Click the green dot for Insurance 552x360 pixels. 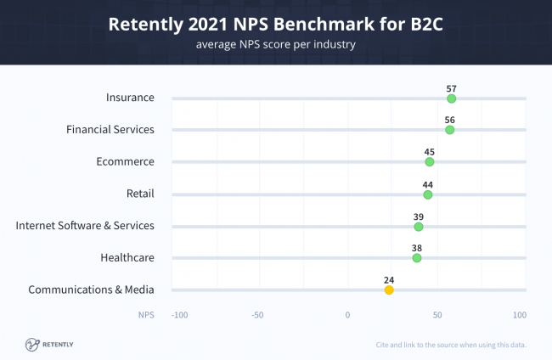coord(451,98)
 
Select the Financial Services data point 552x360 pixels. coord(449,130)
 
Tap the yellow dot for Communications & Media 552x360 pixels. coord(389,290)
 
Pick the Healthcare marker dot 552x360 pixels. coord(416,258)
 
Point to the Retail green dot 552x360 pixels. coord(427,194)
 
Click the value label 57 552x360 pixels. coord(451,87)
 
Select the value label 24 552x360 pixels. coord(389,278)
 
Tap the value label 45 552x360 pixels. coord(429,151)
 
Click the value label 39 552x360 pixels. coord(418,216)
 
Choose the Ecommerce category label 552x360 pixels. coord(126,161)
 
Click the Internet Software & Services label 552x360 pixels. coord(85,225)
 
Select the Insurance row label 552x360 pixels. coord(130,97)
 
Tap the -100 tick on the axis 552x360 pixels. coord(179,315)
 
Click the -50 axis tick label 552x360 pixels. coord(257,315)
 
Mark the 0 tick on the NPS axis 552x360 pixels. coord(347,315)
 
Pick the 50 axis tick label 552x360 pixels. coord(437,315)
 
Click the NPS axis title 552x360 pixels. coord(147,315)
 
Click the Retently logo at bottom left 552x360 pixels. coord(49,344)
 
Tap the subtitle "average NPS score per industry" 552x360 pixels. coord(275,44)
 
